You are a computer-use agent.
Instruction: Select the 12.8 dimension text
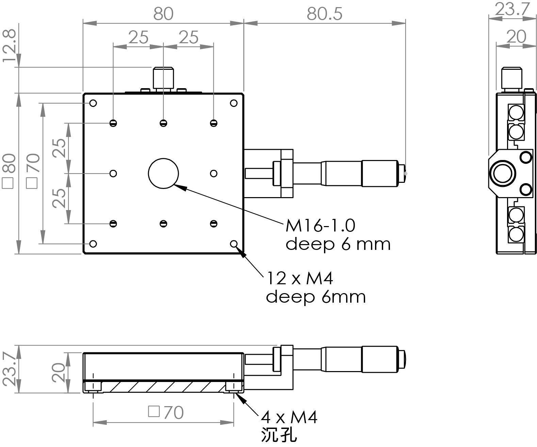[10, 45]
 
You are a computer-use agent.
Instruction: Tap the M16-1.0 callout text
[320, 226]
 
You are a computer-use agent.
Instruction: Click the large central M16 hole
[163, 173]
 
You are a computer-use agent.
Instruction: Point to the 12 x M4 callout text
[299, 278]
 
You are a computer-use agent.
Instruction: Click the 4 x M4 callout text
[289, 417]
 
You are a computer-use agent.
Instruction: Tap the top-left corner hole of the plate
[93, 103]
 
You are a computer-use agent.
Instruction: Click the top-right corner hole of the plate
[233, 103]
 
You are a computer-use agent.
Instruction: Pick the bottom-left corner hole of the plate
[93, 244]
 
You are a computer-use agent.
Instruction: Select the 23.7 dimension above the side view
[512, 9]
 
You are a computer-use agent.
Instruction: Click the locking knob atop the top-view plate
[163, 77]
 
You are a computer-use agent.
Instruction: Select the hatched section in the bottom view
[163, 387]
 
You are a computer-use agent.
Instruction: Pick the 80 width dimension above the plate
[163, 14]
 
